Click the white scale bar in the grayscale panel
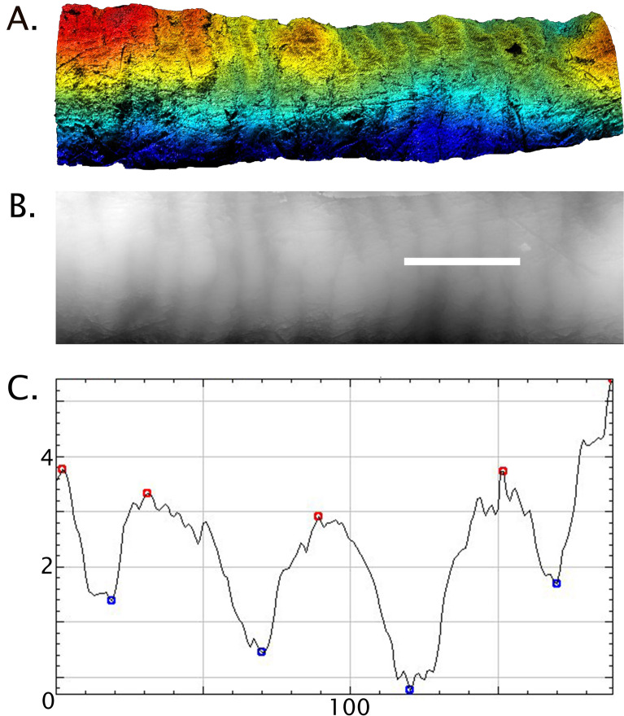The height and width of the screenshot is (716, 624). coord(462,261)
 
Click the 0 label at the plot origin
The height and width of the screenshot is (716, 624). coord(48,701)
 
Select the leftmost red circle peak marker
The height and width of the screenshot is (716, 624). coord(62,469)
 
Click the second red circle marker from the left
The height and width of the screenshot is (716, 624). coord(147,493)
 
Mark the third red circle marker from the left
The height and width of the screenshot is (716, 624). coord(318,516)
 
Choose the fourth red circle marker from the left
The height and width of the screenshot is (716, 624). coord(503,471)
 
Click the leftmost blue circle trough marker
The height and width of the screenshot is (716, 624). coord(111,600)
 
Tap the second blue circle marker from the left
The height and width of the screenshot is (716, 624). coord(261,652)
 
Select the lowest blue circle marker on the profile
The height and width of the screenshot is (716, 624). coord(409,690)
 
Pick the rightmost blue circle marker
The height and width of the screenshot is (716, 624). coord(556,583)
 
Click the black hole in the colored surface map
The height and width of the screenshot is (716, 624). coord(514,50)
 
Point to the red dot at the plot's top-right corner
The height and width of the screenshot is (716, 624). coord(610,380)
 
